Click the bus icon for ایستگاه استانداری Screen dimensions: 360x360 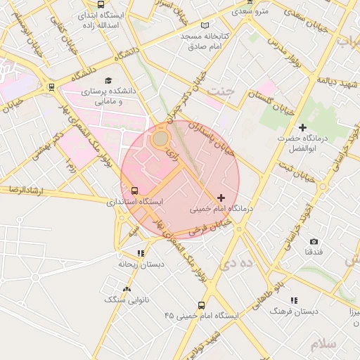pos(134,191)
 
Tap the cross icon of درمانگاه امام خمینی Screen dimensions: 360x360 pos(221,198)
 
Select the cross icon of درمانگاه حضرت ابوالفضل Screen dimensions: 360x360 pos(302,127)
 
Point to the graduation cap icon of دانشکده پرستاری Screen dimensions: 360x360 pos(108,80)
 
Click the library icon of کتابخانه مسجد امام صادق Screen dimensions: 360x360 pos(205,25)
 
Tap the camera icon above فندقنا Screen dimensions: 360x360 pos(314,241)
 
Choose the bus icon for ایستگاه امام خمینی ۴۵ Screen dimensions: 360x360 pos(202,305)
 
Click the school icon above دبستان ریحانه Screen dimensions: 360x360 pos(141,253)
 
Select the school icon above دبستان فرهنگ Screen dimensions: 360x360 pos(293,300)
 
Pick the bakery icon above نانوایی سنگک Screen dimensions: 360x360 pos(127,289)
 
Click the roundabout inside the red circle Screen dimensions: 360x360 pos(161,139)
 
